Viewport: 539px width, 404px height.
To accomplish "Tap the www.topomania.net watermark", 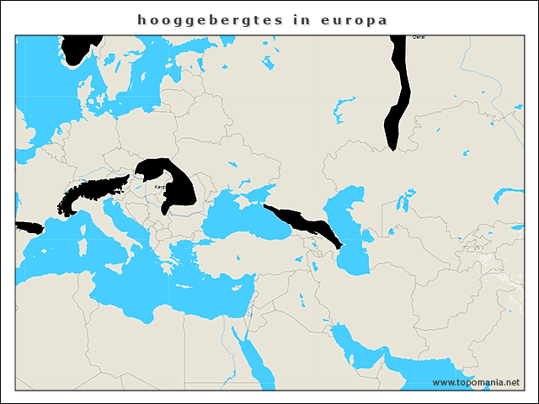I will point(476,382).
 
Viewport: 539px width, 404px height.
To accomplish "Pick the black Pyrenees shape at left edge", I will point(29,227).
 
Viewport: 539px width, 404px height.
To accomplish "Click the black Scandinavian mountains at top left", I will point(80,46).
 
